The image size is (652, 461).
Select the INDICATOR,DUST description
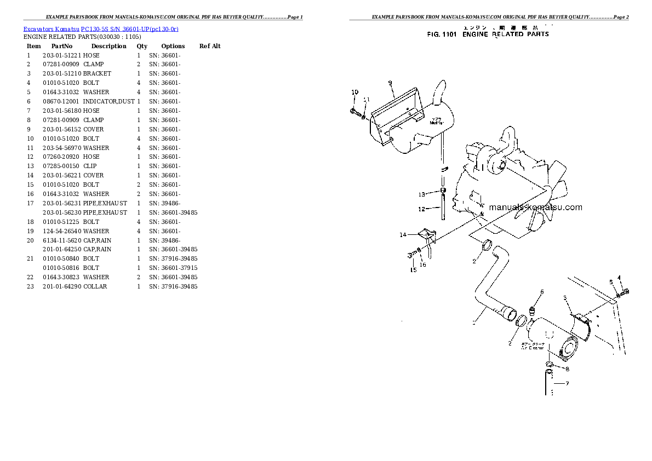(108, 101)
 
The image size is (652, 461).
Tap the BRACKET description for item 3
(97, 73)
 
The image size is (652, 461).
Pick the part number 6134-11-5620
(62, 240)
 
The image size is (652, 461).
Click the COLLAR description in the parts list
(95, 286)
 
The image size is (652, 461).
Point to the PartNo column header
(62, 46)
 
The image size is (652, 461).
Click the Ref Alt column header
(210, 46)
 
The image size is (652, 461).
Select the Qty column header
(142, 46)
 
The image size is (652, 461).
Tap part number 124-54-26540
(62, 231)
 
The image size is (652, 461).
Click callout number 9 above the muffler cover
(390, 83)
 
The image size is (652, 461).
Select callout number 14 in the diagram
(403, 235)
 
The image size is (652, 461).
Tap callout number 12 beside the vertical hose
(421, 209)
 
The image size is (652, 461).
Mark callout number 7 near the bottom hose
(567, 383)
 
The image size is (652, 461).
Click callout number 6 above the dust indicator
(542, 291)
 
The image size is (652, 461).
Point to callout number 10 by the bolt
(354, 92)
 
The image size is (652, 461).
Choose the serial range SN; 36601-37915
(173, 268)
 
